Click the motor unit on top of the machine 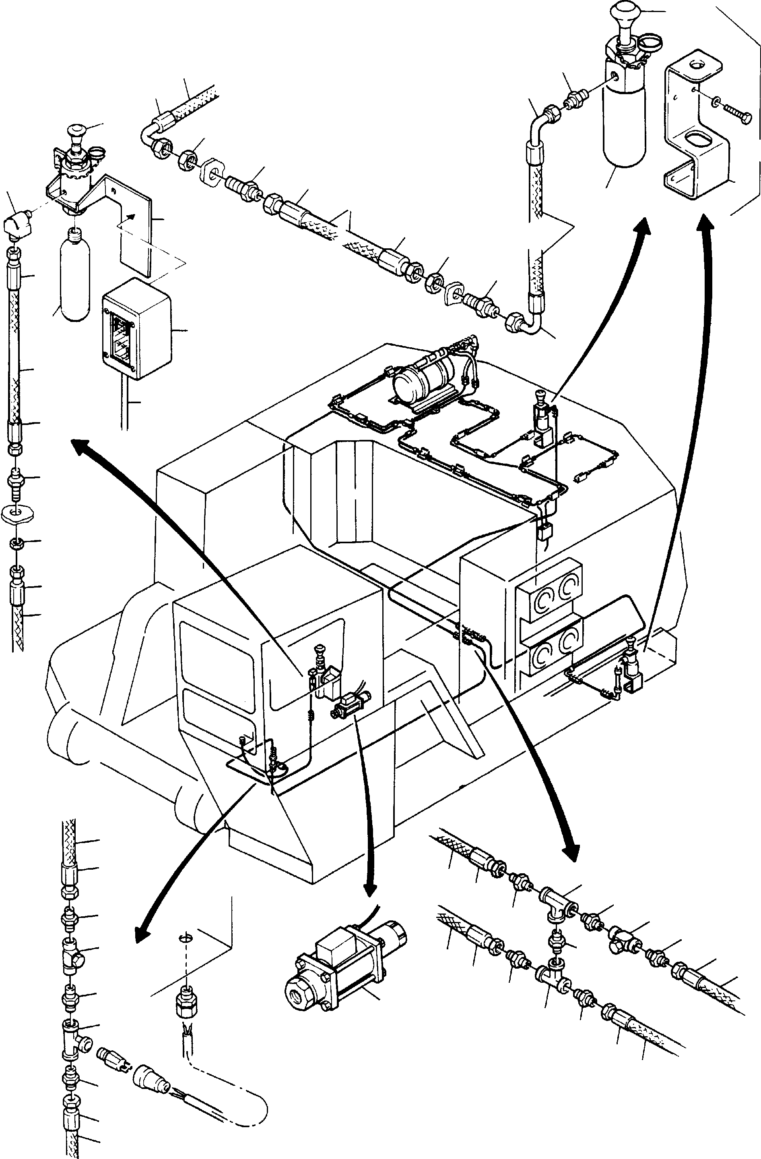[424, 375]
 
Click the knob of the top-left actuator [76, 130]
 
